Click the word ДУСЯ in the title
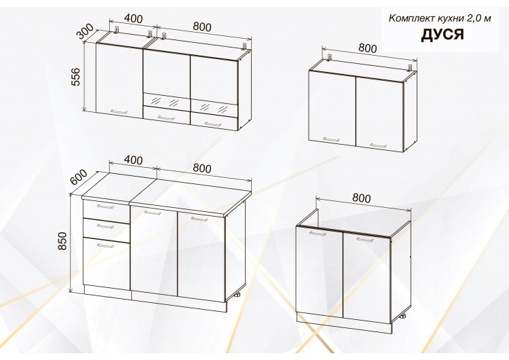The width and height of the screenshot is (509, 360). (442, 35)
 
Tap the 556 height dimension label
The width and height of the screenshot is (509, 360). (75, 77)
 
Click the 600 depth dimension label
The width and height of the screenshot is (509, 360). (79, 177)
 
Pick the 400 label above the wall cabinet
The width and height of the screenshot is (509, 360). (133, 19)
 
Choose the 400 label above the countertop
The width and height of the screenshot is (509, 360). (133, 160)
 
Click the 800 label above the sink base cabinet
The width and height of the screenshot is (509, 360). (361, 198)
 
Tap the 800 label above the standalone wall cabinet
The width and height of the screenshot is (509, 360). (367, 48)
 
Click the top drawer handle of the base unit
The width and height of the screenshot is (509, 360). (105, 206)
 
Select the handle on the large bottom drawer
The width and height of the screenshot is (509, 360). (105, 246)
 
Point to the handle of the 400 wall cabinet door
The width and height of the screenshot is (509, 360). (119, 112)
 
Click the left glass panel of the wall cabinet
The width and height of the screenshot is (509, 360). (166, 101)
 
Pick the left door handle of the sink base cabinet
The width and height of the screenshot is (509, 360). (318, 233)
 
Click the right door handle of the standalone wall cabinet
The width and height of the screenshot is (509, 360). (378, 145)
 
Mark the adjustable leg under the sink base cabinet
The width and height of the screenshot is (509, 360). (403, 316)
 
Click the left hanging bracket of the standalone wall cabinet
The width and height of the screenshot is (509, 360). (330, 58)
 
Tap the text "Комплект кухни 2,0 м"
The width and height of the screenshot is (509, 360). (440, 18)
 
